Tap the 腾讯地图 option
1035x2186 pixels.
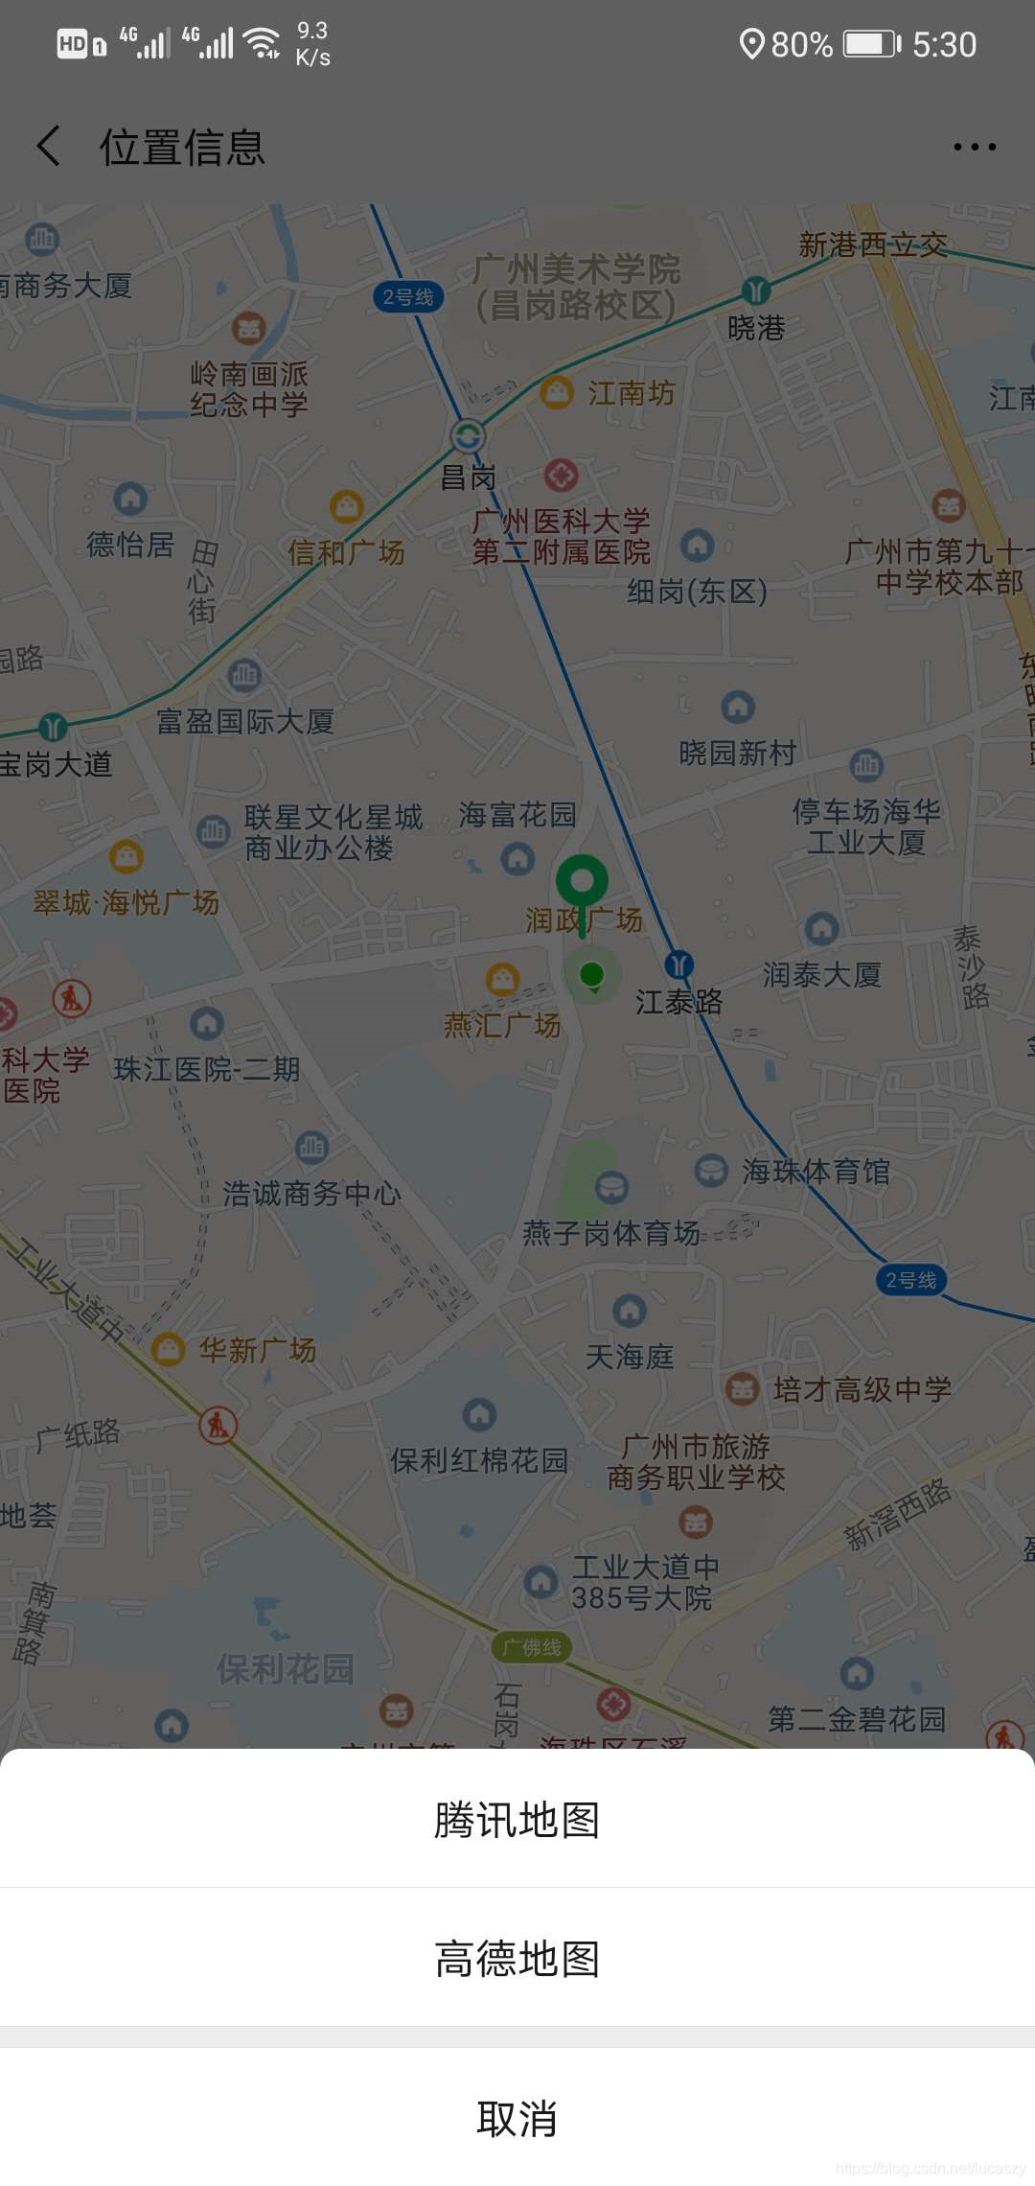(517, 1820)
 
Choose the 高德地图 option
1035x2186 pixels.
(517, 1959)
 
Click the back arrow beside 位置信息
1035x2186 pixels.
(49, 147)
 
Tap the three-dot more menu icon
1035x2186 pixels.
(975, 147)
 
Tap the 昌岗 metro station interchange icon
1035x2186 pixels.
(468, 436)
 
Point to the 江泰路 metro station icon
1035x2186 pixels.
(678, 965)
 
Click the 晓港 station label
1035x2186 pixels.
(756, 329)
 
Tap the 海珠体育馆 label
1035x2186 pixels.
(816, 1172)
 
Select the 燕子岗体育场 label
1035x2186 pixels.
(610, 1233)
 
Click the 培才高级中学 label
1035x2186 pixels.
(862, 1389)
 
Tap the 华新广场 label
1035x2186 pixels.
(257, 1350)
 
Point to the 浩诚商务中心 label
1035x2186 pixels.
(311, 1194)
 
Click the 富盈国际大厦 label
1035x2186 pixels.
(245, 721)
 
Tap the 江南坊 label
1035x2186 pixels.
(631, 393)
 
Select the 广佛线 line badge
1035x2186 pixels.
(532, 1647)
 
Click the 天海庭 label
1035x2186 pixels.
(630, 1357)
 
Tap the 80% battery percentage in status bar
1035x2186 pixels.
(801, 45)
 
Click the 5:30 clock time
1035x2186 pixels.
(944, 45)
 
